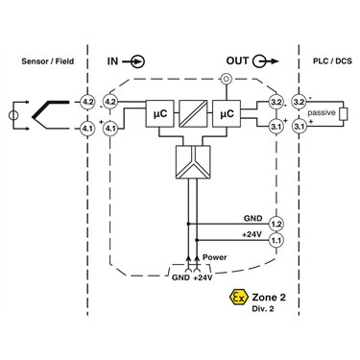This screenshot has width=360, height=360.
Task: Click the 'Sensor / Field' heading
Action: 48,61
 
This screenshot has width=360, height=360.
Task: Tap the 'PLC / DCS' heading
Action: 332,60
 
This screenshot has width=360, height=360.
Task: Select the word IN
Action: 112,61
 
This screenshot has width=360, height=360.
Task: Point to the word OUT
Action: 237,60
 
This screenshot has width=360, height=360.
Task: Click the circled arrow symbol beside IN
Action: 133,61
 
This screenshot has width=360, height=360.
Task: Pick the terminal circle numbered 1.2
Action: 276,224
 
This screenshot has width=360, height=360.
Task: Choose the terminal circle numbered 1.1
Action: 276,240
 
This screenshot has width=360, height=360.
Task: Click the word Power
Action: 215,257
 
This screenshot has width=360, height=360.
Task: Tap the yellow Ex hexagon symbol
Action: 239,298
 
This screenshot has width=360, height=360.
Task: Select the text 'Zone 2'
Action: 269,298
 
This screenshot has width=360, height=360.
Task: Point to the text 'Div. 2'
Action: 262,309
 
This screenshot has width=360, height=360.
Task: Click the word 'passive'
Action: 322,113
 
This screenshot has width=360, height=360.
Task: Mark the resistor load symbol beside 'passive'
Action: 343,114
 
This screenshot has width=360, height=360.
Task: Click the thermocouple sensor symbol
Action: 51,115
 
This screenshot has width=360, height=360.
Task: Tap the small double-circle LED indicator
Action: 227,79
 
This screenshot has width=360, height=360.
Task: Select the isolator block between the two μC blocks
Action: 193,114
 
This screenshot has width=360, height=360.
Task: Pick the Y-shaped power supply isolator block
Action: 193,162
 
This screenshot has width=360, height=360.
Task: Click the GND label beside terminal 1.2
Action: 253,219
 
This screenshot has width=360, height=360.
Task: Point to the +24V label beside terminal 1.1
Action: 252,234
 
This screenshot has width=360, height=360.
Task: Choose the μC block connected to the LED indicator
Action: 227,114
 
